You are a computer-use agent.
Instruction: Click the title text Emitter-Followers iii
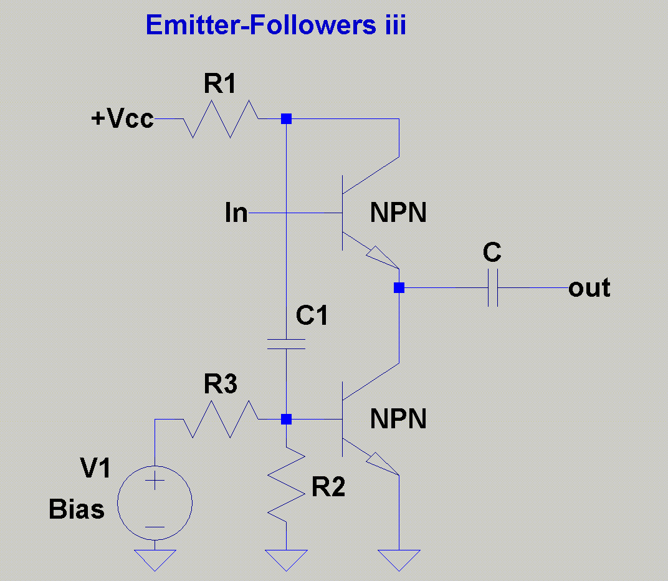pos(275,26)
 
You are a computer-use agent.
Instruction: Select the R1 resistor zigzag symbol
pos(221,118)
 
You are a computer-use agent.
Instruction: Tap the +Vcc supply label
pos(122,118)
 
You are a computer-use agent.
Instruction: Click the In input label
pos(236,214)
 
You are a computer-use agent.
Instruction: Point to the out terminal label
pos(589,288)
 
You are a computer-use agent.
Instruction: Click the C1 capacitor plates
pos(285,344)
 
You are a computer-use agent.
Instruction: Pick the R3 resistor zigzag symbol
pos(221,420)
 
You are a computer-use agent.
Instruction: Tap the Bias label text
pos(77,510)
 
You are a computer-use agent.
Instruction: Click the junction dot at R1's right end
pos(285,118)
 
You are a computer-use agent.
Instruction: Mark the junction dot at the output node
pos(399,288)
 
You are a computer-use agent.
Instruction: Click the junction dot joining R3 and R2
pos(285,419)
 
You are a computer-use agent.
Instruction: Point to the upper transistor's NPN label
pos(398,214)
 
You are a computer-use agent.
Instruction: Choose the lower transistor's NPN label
pos(398,419)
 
